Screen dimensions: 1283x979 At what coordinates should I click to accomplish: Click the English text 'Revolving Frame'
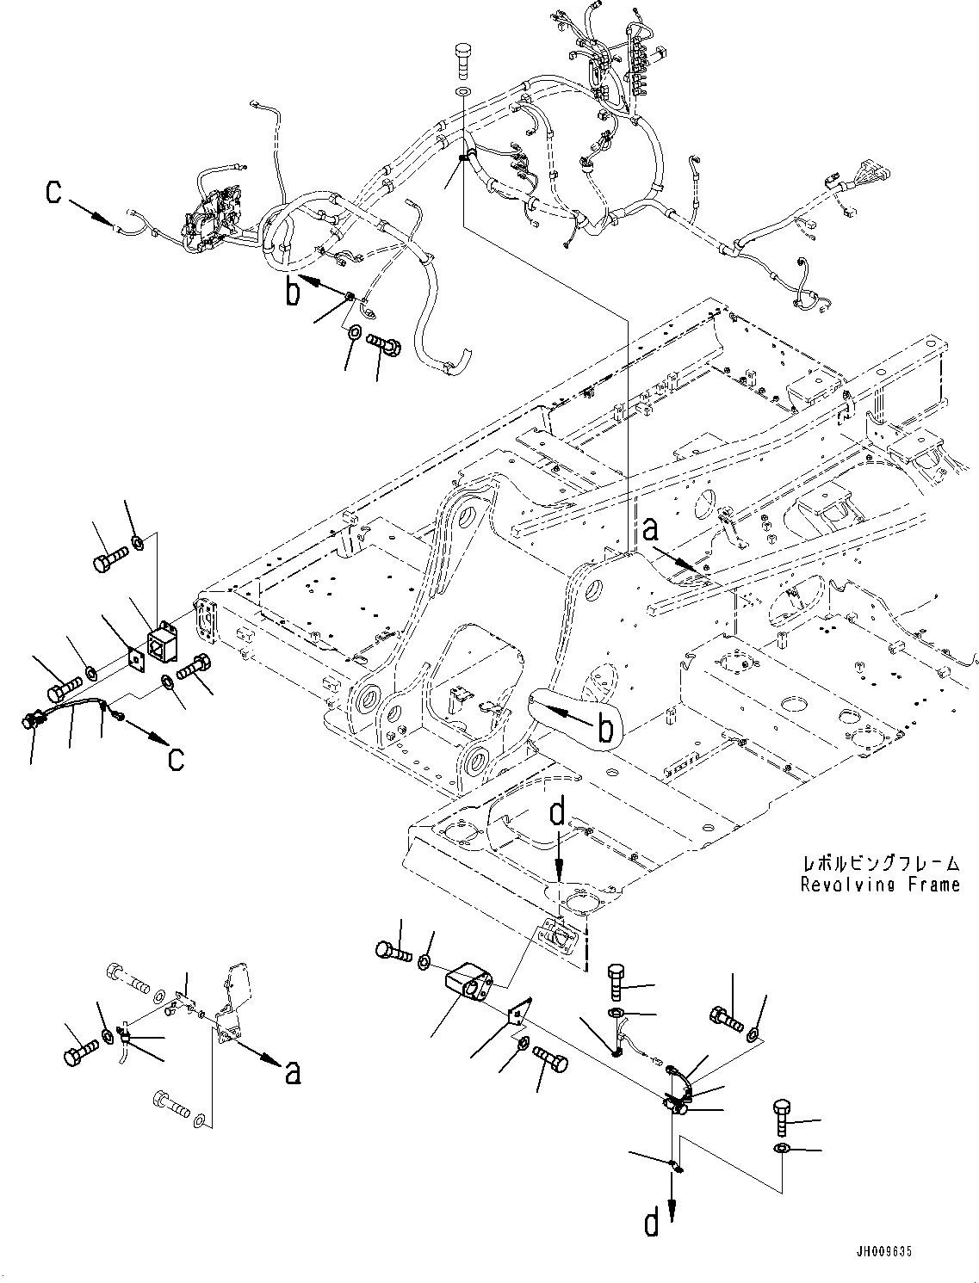click(x=879, y=885)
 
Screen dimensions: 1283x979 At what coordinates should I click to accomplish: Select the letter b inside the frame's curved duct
click(x=605, y=729)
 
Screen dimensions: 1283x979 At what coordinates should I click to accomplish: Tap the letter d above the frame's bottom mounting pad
click(x=558, y=813)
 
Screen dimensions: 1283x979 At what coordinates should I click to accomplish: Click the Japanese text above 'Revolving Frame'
click(x=879, y=863)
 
